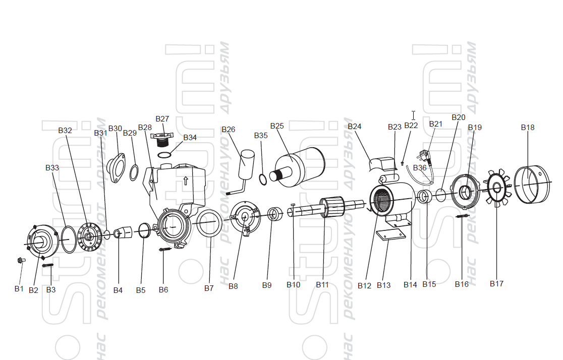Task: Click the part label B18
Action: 527,128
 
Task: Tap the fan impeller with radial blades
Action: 496,189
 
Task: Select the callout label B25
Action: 277,126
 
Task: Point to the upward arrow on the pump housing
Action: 186,179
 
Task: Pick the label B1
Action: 19,289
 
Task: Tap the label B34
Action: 190,138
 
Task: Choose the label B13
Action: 383,285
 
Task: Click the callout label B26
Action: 228,130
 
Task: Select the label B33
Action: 52,167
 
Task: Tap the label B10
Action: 293,285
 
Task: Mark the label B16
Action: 461,284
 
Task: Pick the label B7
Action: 209,288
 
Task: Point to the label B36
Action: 419,167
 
